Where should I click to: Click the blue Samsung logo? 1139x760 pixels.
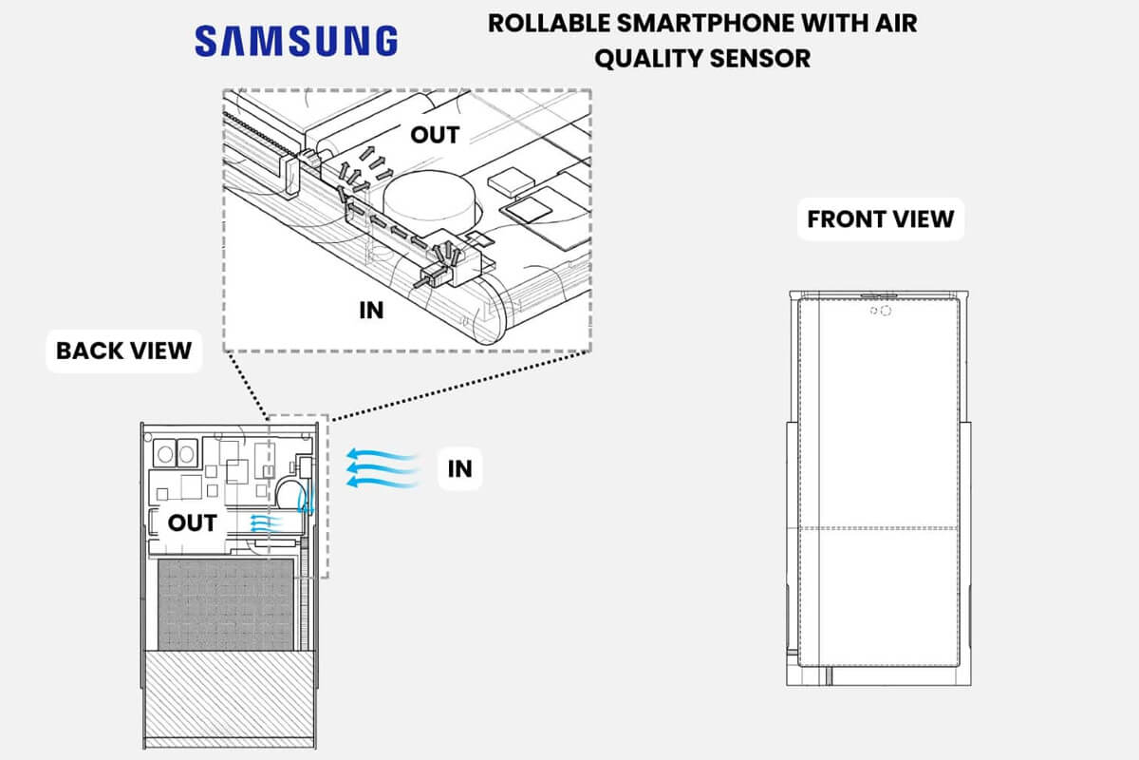coord(296,40)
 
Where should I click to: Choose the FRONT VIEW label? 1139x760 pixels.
coord(880,219)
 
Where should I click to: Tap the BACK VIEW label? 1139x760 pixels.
coord(123,350)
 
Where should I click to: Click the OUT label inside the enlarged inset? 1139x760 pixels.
coord(435,134)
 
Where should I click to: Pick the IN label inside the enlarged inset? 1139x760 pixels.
coord(371,310)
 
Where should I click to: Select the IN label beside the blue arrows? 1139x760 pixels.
coord(459,468)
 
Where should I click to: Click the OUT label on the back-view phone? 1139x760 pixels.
coord(193,522)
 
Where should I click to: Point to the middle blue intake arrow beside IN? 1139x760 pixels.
coord(383,468)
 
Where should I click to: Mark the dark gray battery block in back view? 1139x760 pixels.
coord(223,604)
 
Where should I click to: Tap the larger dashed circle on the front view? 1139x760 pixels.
coord(886,311)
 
